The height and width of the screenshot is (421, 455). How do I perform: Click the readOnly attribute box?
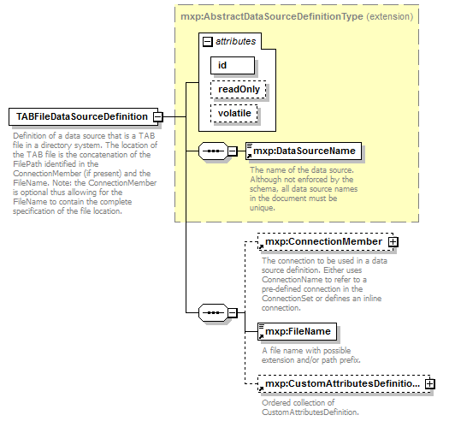(x=238, y=88)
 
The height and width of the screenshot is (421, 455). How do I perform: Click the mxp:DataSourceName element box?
(x=304, y=151)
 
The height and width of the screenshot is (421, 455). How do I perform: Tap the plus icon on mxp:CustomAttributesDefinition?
(x=429, y=384)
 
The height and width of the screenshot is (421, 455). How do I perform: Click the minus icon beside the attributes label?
(x=206, y=41)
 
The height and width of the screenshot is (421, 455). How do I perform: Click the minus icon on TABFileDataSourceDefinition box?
(x=158, y=116)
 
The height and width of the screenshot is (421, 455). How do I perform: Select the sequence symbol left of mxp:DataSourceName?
(x=210, y=151)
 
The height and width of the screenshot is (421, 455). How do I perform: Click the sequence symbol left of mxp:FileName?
(x=210, y=313)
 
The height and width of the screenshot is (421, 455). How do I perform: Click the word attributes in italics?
(x=236, y=41)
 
